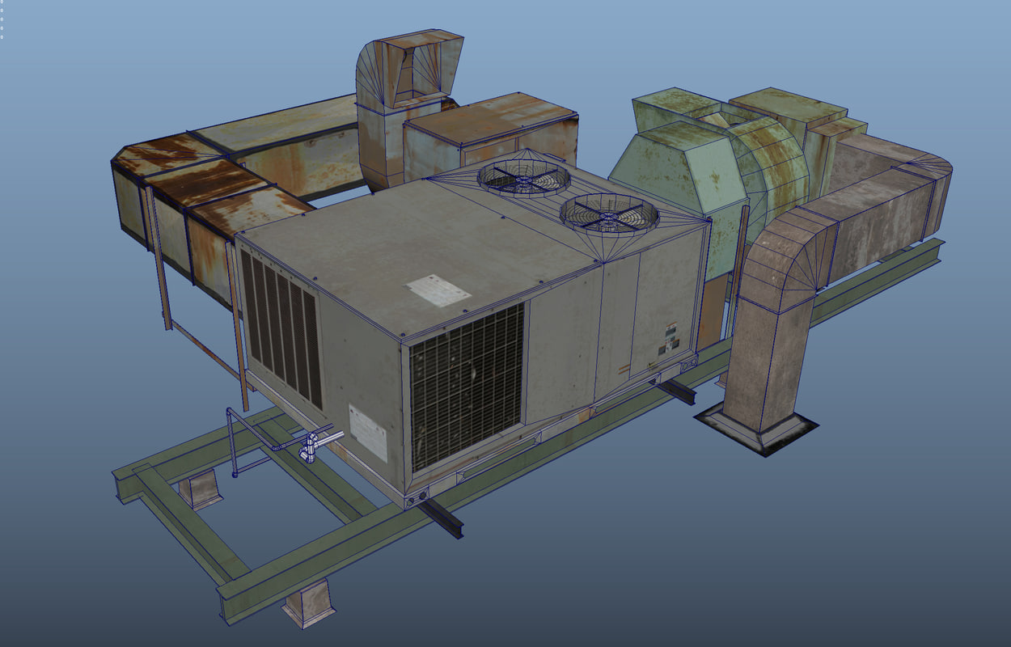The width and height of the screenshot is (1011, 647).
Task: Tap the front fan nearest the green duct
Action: (609, 214)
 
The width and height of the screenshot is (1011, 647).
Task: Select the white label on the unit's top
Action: (438, 290)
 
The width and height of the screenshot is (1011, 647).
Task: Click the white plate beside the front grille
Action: (368, 432)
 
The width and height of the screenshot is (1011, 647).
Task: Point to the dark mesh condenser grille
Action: (467, 387)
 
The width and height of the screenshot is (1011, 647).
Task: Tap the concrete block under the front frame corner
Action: (309, 602)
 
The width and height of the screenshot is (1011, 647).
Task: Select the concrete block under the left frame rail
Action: (199, 488)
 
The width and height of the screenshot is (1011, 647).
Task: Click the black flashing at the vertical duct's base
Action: (756, 431)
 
